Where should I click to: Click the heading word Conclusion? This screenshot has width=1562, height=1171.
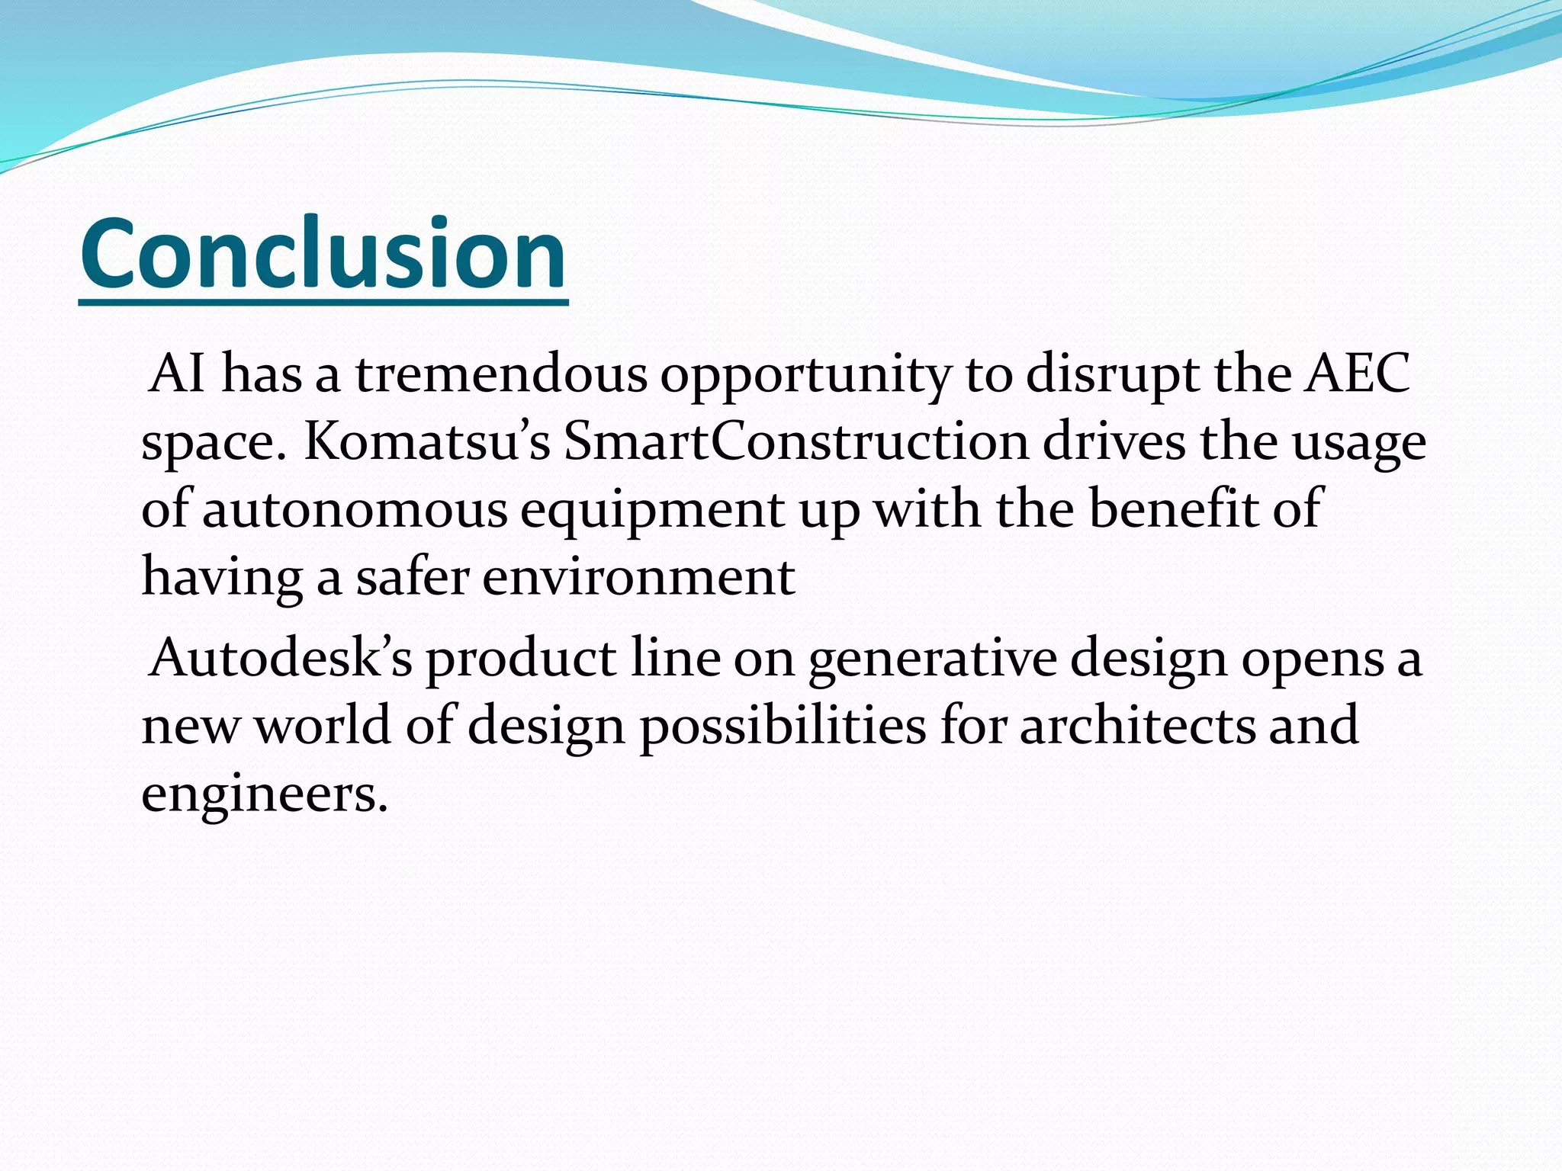pyautogui.click(x=323, y=253)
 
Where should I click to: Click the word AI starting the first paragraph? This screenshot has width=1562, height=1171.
pyautogui.click(x=177, y=374)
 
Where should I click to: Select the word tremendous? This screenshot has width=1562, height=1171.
pyautogui.click(x=501, y=374)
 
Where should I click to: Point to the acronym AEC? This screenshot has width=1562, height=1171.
pyautogui.click(x=1357, y=374)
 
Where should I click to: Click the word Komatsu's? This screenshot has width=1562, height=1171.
pyautogui.click(x=427, y=442)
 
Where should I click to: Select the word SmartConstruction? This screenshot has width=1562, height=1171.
pyautogui.click(x=796, y=442)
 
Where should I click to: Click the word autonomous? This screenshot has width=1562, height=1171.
pyautogui.click(x=355, y=509)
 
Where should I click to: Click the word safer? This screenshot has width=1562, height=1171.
pyautogui.click(x=412, y=576)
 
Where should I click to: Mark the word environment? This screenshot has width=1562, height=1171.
pyautogui.click(x=638, y=576)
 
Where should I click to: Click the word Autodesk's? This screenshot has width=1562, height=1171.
pyautogui.click(x=281, y=657)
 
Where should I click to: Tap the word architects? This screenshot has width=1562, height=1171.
pyautogui.click(x=1136, y=726)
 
